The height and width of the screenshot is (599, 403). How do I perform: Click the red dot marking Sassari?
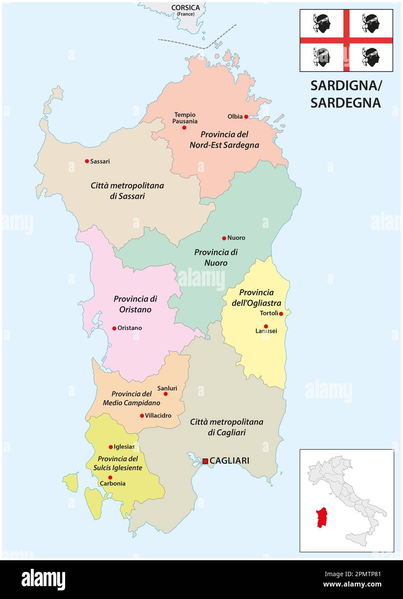coord(87,161)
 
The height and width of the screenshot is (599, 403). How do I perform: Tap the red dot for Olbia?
coord(246,116)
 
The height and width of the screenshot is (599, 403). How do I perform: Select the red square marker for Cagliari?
coord(205,461)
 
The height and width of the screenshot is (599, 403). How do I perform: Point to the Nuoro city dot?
coord(224,238)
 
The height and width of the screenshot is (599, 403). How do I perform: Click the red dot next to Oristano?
coord(114,328)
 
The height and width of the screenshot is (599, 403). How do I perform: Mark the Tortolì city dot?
coord(281,314)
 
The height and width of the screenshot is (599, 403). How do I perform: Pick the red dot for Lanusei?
coord(266,326)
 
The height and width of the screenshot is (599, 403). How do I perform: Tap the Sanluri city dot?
coord(165,394)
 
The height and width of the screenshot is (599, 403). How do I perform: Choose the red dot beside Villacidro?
coord(142,416)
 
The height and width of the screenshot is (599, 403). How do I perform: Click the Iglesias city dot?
coord(110,447)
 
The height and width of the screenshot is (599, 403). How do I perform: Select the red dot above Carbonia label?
coord(110,477)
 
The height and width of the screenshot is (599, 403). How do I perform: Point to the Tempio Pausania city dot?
coord(184,128)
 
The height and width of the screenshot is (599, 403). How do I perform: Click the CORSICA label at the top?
coord(186,8)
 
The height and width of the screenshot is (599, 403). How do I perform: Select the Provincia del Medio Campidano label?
coord(131,399)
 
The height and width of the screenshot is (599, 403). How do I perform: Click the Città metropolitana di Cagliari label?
coord(227,427)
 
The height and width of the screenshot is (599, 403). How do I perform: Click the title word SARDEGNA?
coord(346,103)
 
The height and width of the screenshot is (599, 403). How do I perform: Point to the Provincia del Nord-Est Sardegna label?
coord(224,140)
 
